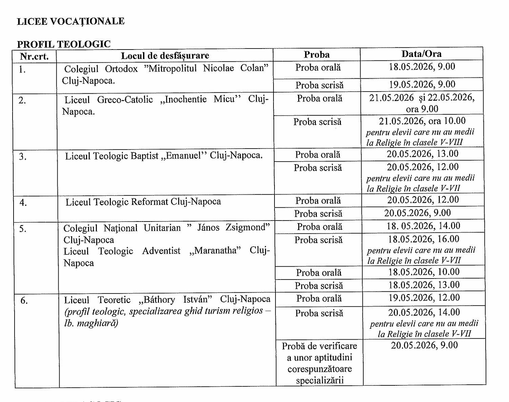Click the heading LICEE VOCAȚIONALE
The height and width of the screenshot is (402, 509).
click(70, 21)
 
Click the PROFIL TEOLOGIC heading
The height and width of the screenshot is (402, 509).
click(64, 44)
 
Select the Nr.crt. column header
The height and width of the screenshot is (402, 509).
click(34, 56)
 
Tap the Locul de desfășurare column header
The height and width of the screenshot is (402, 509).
click(165, 56)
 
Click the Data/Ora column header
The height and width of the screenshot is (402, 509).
click(421, 54)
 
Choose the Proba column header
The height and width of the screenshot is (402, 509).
click(317, 55)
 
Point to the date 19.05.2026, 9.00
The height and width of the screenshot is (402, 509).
click(422, 84)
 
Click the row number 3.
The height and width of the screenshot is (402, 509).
click(23, 157)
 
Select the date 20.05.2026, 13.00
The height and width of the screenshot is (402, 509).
click(422, 154)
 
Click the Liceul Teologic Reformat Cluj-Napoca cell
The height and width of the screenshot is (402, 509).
click(143, 202)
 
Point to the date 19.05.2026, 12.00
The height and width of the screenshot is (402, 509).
click(424, 298)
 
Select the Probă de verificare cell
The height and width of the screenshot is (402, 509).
click(319, 363)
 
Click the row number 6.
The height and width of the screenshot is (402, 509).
click(24, 301)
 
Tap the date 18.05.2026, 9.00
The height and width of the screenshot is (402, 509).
click(422, 66)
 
